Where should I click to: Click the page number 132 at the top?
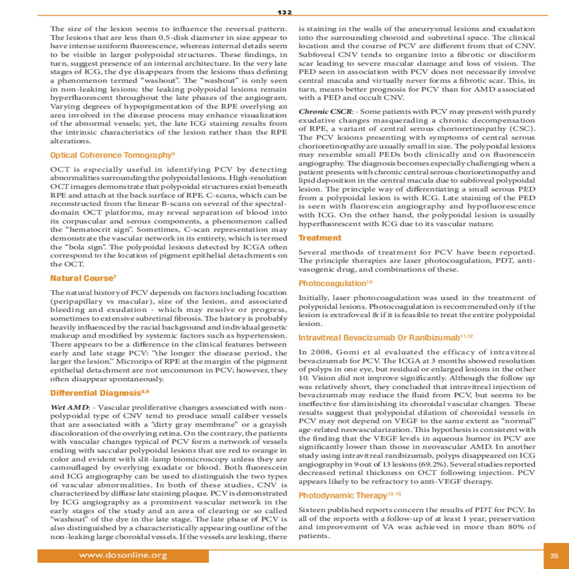284,12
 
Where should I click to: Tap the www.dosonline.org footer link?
123,555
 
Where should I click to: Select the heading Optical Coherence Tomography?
110,155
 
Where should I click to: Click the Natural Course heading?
81,278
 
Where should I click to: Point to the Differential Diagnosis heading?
95,393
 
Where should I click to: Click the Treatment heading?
320,238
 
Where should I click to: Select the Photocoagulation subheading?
332,284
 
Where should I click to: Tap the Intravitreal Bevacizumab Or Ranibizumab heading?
379,338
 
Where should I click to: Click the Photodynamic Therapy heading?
342,496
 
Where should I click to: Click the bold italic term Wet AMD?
70,407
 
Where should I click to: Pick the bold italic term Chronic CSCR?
325,112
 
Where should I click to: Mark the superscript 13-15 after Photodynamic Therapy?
395,494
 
